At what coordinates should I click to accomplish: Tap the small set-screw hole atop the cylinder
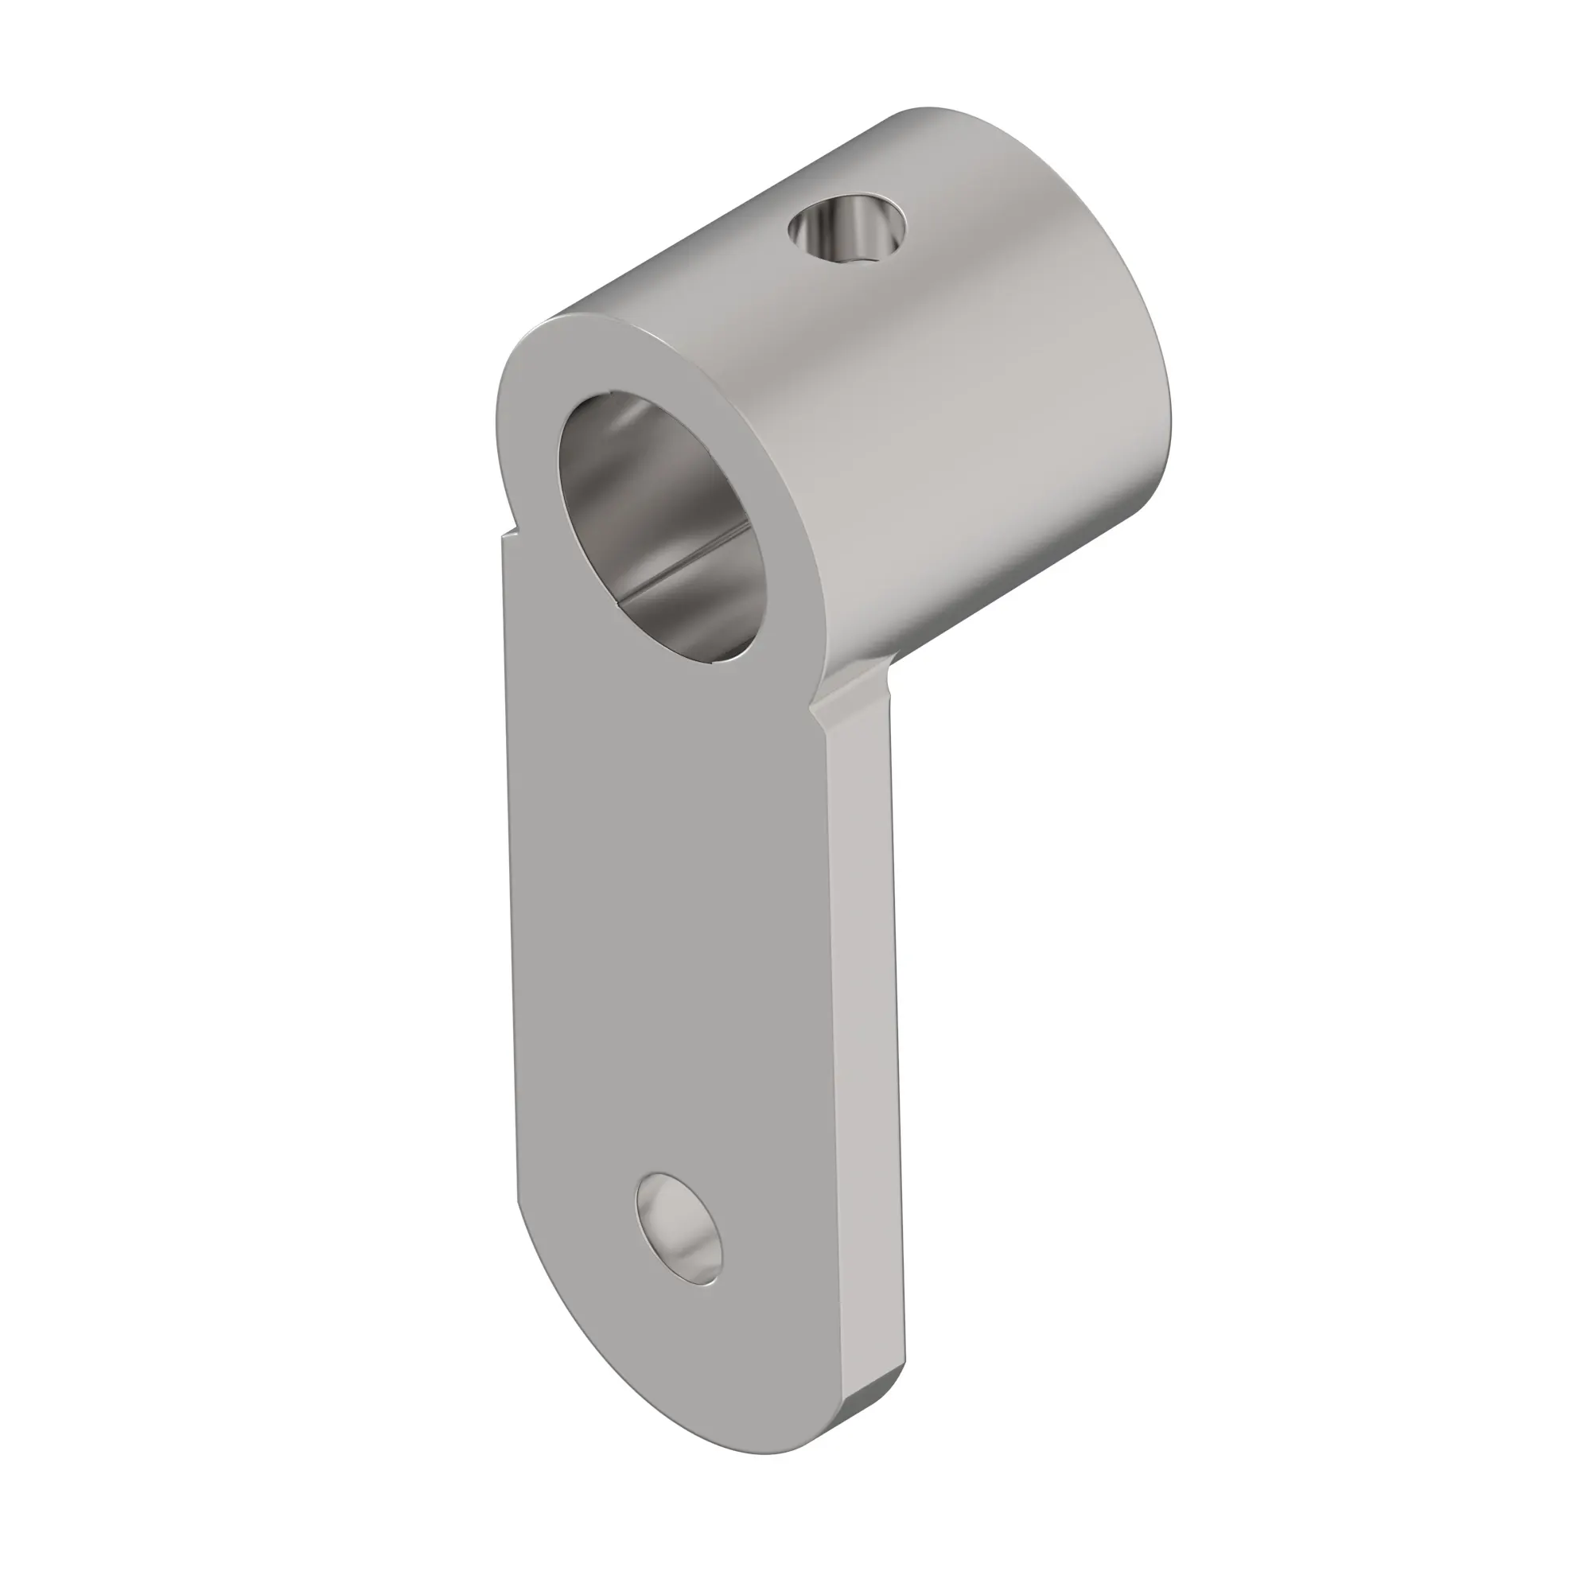846,228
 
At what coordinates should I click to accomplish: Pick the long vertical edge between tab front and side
832,1029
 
